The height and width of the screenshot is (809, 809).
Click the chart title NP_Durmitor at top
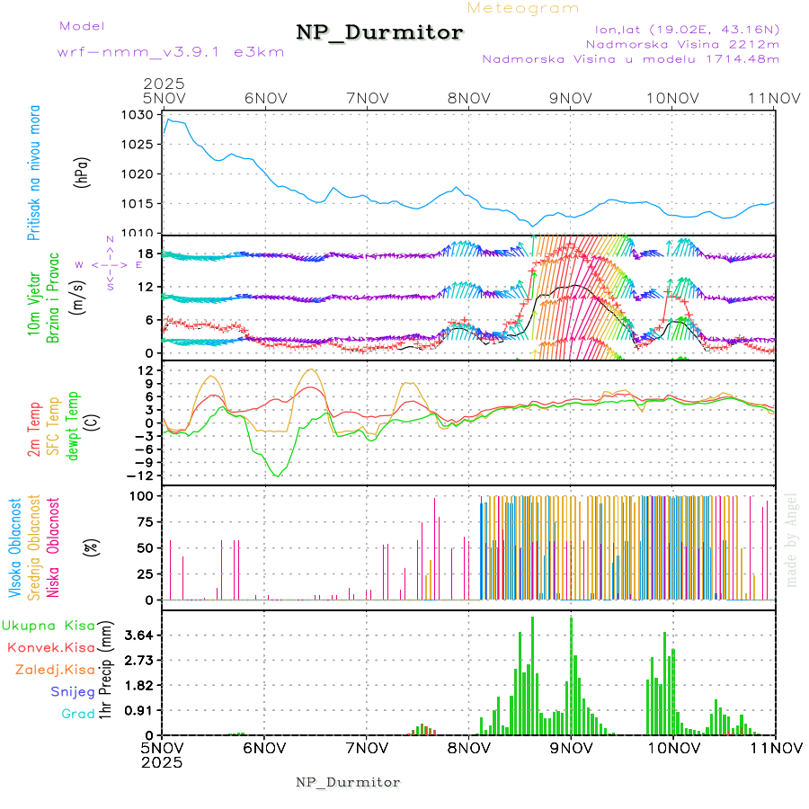coord(379,33)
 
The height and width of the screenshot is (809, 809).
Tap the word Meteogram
coord(523,8)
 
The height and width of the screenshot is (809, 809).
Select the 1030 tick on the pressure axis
coord(140,116)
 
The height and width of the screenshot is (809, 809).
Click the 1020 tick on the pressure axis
coord(140,174)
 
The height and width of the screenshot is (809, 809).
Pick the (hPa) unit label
coord(82,173)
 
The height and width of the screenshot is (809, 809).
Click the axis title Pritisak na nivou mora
coord(34,173)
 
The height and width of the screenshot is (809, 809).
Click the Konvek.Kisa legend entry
coord(50,647)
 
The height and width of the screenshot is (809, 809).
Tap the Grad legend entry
coord(77,715)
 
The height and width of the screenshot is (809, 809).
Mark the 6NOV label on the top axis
coord(264,97)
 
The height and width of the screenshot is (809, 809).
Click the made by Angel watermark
coord(792,539)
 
